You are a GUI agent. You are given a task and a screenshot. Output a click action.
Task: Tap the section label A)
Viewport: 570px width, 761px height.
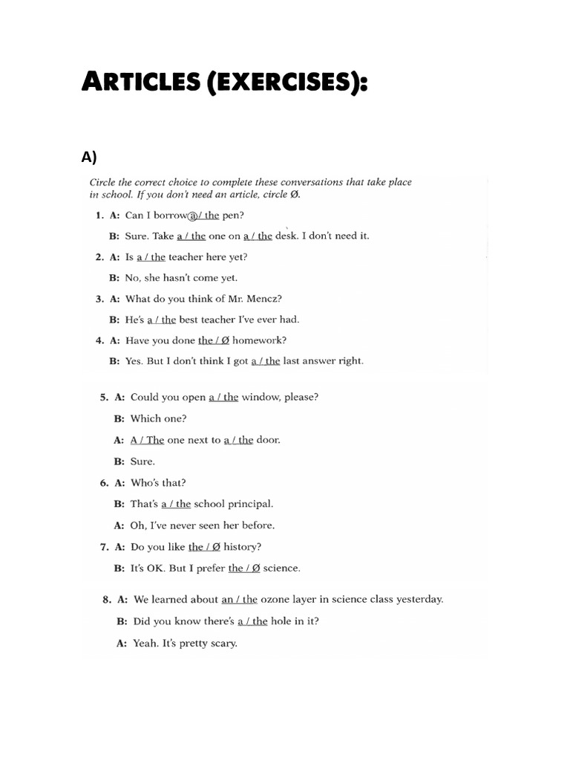[89, 157]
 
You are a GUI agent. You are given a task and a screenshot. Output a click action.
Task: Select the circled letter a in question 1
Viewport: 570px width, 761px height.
[195, 216]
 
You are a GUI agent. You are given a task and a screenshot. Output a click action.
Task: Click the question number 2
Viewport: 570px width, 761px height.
[99, 257]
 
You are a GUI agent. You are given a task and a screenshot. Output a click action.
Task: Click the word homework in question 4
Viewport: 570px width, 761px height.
[259, 340]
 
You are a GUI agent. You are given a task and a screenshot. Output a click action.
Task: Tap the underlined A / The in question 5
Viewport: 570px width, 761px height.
[147, 440]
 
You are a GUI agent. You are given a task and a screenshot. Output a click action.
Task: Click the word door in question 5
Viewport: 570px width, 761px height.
[268, 440]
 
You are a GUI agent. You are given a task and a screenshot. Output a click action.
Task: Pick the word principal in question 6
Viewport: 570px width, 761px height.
[248, 504]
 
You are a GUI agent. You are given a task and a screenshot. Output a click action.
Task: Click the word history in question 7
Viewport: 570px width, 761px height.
[242, 547]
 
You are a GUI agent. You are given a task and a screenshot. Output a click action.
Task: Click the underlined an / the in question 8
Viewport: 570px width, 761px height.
[239, 600]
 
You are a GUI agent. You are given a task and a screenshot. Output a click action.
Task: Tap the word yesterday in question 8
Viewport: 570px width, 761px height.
[419, 600]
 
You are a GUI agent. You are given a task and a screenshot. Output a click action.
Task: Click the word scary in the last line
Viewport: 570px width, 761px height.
[222, 644]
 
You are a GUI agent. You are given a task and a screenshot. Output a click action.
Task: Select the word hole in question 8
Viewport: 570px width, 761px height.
[281, 621]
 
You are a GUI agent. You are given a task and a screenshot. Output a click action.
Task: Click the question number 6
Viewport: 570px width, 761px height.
[104, 483]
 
